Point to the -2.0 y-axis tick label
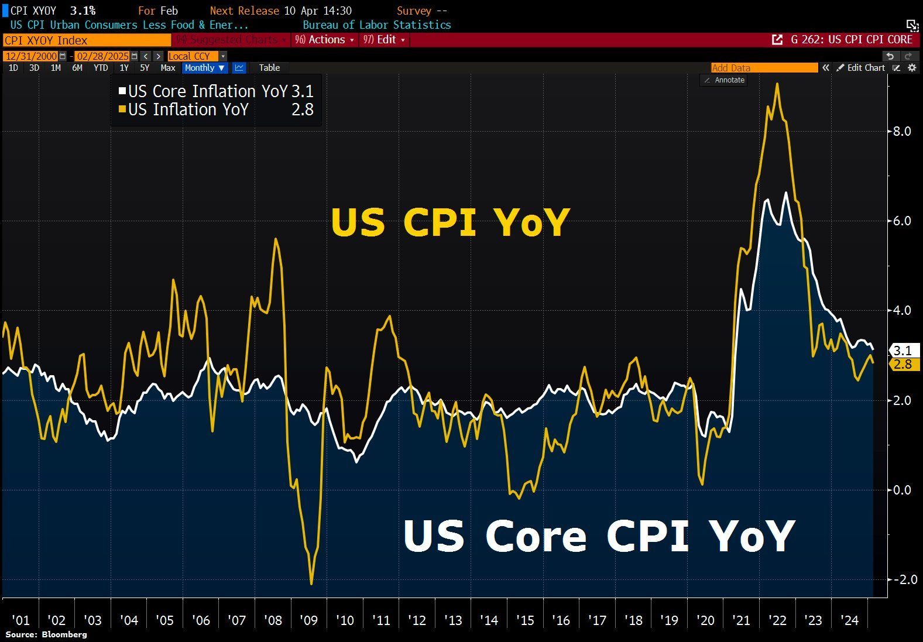(x=900, y=579)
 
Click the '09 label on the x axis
(x=308, y=620)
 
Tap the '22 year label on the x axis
(x=777, y=620)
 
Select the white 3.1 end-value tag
(x=903, y=351)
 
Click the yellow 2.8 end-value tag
(x=903, y=364)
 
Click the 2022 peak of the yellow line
(x=777, y=84)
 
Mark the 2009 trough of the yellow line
(x=311, y=583)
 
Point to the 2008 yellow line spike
(x=276, y=239)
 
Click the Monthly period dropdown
(x=204, y=68)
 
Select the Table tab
(x=269, y=68)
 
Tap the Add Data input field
(x=764, y=68)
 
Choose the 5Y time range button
(x=145, y=68)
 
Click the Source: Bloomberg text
(x=46, y=634)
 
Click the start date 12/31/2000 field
(x=31, y=56)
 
